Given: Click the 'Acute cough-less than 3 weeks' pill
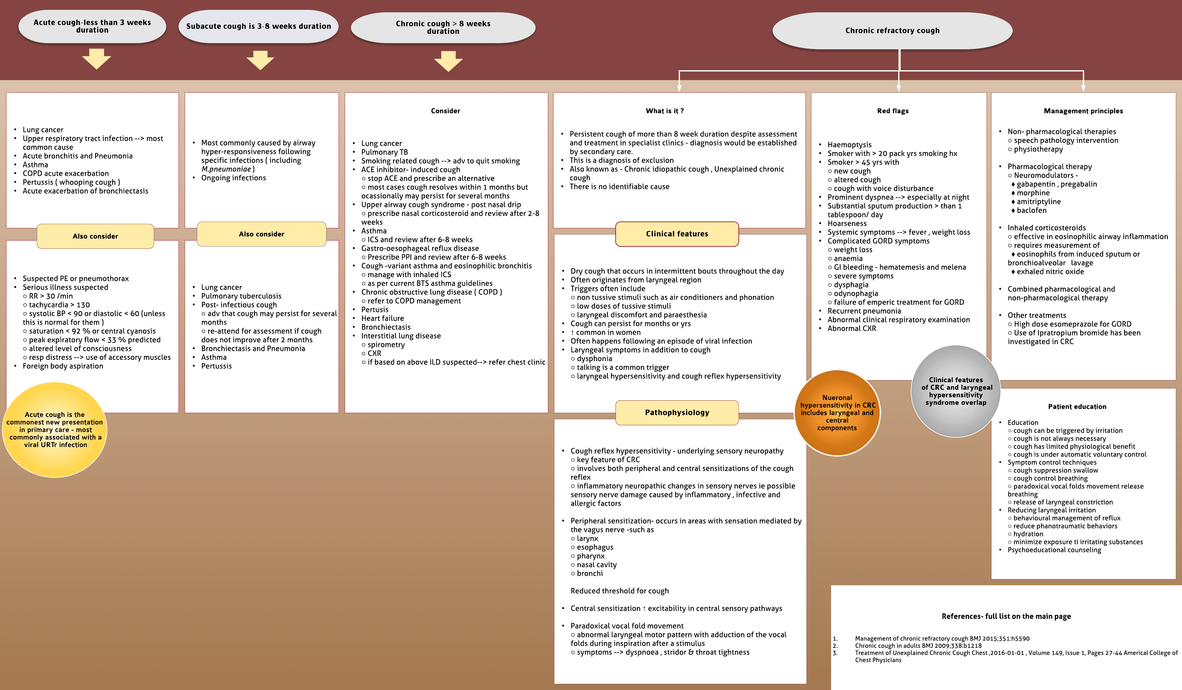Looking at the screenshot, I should (x=92, y=26).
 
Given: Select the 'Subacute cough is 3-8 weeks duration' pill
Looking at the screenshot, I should (x=259, y=26).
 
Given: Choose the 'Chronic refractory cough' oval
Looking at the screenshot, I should (x=892, y=30).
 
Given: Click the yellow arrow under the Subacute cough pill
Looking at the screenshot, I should (x=260, y=60).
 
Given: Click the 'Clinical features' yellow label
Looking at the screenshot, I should (x=677, y=234).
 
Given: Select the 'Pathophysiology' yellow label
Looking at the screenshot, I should (x=677, y=412).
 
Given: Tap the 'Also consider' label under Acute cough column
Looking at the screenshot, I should (x=95, y=236).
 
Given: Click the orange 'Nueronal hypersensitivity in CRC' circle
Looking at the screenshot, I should (x=837, y=412).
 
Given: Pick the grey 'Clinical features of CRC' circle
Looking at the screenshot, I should (x=955, y=391).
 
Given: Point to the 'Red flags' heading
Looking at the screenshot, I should (x=893, y=111).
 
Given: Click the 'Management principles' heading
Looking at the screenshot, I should (x=1083, y=111).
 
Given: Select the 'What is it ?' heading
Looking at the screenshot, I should (x=665, y=111).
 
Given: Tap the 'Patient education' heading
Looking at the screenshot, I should (x=1077, y=407).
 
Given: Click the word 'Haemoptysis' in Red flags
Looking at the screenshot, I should (x=850, y=144).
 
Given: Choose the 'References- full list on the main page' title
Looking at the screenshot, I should (x=1006, y=616).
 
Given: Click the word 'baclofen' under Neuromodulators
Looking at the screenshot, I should (x=1031, y=210).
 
